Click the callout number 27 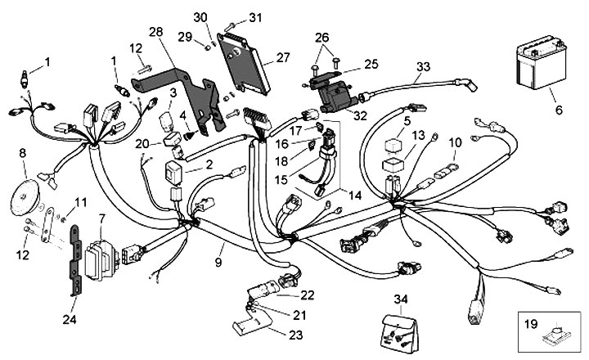pyautogui.click(x=283, y=57)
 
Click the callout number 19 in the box pyautogui.click(x=530, y=324)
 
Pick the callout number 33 pyautogui.click(x=422, y=65)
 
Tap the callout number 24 pyautogui.click(x=68, y=318)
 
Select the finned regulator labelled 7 pyautogui.click(x=99, y=251)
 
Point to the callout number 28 pyautogui.click(x=155, y=31)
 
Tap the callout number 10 pyautogui.click(x=456, y=143)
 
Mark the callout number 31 pyautogui.click(x=256, y=17)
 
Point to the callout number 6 pyautogui.click(x=558, y=109)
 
